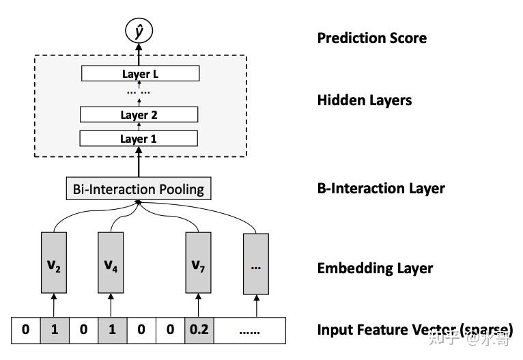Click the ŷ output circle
(139, 30)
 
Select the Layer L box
(139, 73)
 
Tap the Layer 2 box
(139, 114)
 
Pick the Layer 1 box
(139, 138)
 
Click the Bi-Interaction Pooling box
(139, 189)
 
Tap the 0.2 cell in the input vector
(198, 330)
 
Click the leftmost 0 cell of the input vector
(25, 330)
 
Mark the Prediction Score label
(372, 38)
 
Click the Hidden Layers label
(365, 100)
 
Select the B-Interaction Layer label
(381, 188)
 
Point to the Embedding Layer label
(375, 268)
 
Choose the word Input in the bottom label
(335, 330)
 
